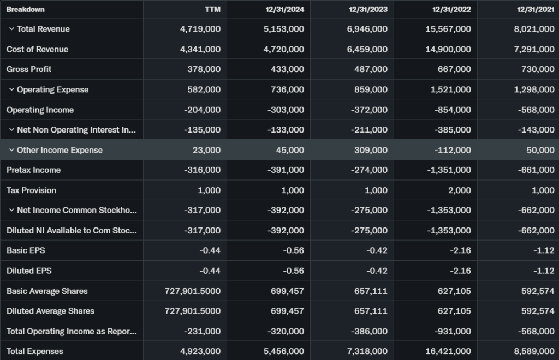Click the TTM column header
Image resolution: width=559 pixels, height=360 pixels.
tap(212, 9)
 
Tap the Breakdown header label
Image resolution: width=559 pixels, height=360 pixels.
tap(26, 9)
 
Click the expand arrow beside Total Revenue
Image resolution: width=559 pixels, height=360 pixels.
tap(11, 29)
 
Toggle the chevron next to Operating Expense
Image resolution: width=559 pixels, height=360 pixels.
tap(11, 89)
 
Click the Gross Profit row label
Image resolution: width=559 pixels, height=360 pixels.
tap(29, 69)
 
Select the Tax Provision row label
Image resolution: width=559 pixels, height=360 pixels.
tap(31, 190)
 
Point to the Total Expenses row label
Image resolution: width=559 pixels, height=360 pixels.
tap(35, 351)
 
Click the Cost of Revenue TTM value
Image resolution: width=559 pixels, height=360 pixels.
tap(200, 49)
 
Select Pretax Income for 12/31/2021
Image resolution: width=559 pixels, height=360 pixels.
tap(534, 170)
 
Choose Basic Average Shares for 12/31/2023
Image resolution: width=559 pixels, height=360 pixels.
tap(371, 291)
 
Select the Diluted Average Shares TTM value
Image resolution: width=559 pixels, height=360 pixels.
tap(193, 311)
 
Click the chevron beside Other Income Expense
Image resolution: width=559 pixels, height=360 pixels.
tap(11, 150)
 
